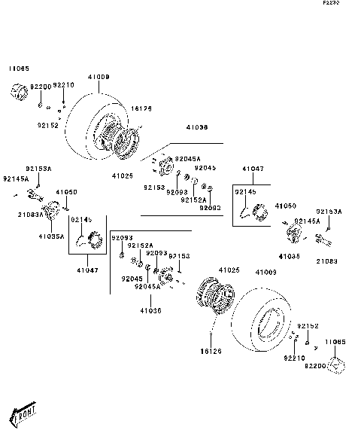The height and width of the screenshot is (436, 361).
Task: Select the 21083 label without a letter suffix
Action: coord(327,261)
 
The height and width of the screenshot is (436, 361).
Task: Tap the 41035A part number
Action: coord(52,236)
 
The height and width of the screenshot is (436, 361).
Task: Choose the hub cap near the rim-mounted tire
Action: coord(18,93)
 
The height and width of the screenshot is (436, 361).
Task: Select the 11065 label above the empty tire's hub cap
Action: coord(335,341)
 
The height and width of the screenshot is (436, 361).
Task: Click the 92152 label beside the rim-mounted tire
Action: coord(47,125)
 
